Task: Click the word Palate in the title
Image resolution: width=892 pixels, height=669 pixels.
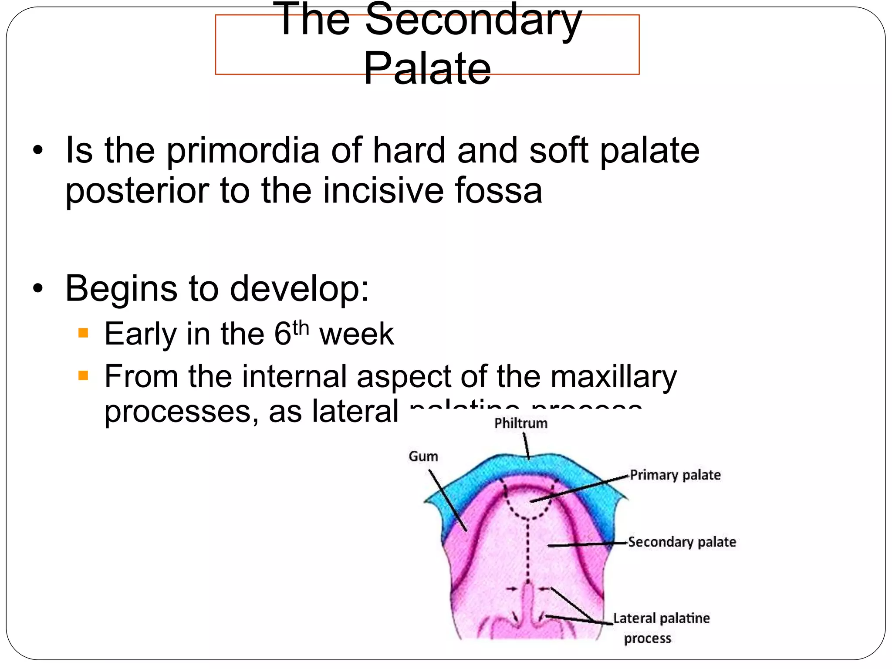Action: click(x=427, y=68)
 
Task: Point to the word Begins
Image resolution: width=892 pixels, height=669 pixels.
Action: click(x=121, y=288)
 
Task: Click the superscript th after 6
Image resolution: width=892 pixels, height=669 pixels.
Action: click(x=301, y=328)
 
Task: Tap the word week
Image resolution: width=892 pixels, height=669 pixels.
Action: click(x=356, y=334)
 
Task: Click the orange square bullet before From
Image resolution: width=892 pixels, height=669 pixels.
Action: click(x=83, y=375)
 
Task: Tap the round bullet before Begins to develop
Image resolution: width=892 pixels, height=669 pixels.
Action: click(x=38, y=288)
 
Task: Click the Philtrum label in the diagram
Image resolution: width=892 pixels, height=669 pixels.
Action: click(x=520, y=423)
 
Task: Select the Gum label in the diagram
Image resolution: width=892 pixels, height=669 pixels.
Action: click(x=423, y=456)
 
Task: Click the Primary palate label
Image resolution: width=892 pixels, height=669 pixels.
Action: click(x=675, y=475)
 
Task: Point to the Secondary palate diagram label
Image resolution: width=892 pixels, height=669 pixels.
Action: click(x=682, y=542)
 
